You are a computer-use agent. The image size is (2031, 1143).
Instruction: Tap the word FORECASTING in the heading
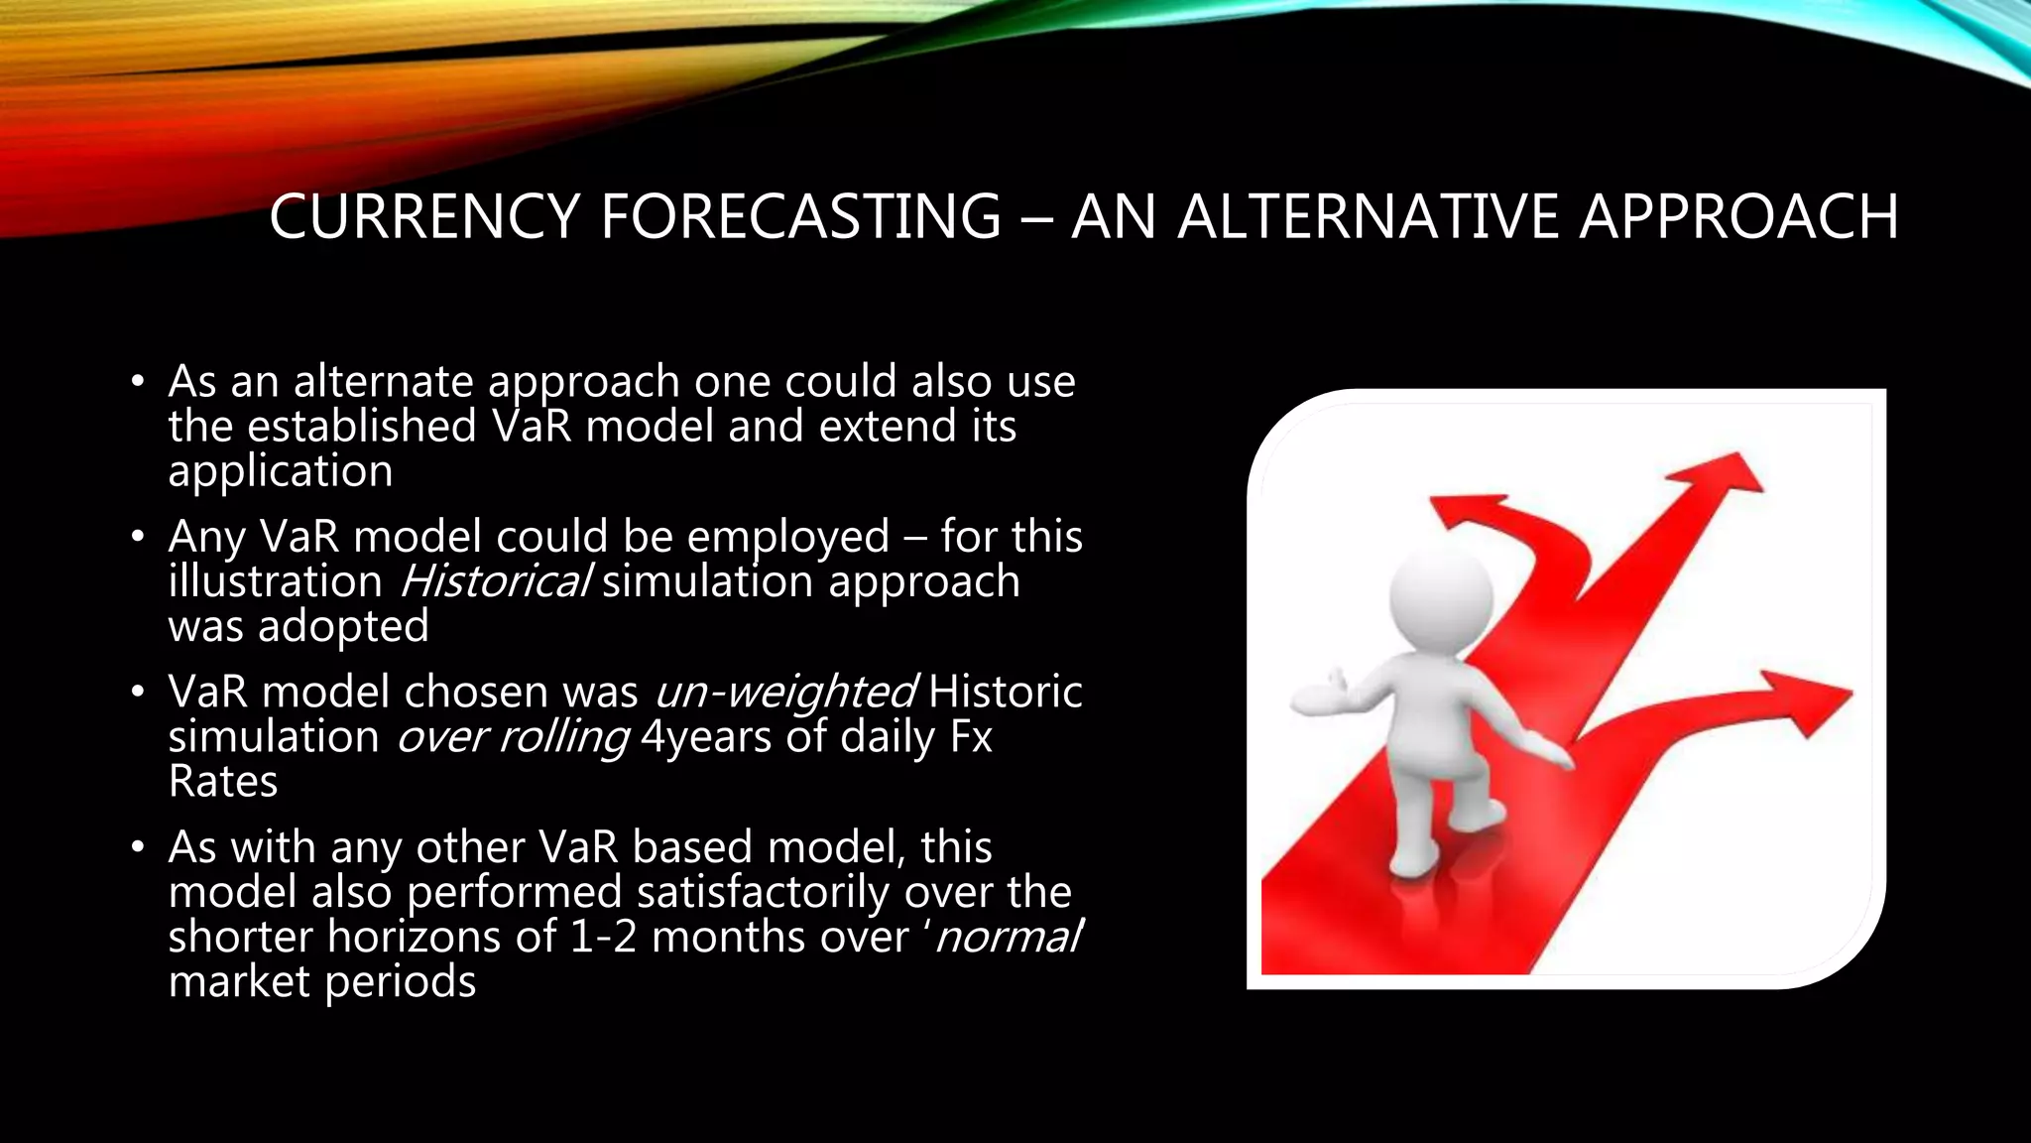800,216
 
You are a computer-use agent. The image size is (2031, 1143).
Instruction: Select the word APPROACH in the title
1738,216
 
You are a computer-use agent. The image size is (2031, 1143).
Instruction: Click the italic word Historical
495,581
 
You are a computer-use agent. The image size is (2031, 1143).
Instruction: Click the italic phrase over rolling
513,737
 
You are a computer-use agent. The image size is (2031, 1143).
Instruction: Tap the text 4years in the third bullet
705,737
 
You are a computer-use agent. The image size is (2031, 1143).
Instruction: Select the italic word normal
1008,937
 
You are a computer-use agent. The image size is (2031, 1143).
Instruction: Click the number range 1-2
603,937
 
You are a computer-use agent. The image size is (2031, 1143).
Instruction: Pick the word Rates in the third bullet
223,782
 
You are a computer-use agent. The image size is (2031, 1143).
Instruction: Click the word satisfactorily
763,892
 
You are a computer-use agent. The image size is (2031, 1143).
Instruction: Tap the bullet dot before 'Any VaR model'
138,538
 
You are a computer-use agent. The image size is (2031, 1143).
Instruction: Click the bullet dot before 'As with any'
138,848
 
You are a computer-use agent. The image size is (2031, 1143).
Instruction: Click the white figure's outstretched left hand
1314,695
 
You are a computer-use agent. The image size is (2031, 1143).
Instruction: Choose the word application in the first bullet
281,471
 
